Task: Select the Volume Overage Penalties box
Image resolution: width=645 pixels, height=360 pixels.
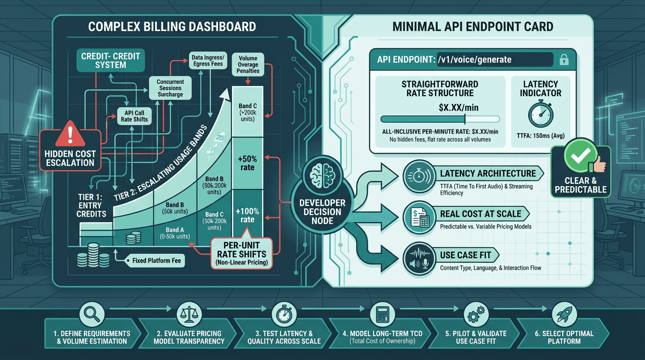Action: point(248,64)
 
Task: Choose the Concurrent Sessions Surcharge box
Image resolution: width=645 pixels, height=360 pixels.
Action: point(170,88)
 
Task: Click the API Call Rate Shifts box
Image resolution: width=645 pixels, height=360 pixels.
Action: point(134,116)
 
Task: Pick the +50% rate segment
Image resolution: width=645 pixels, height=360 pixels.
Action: point(247,163)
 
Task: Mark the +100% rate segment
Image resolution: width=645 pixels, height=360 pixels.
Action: point(247,215)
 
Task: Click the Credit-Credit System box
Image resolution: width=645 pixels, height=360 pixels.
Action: point(111,60)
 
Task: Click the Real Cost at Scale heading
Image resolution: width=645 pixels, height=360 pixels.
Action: point(480,214)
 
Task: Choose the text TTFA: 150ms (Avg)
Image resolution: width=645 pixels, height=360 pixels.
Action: point(540,136)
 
